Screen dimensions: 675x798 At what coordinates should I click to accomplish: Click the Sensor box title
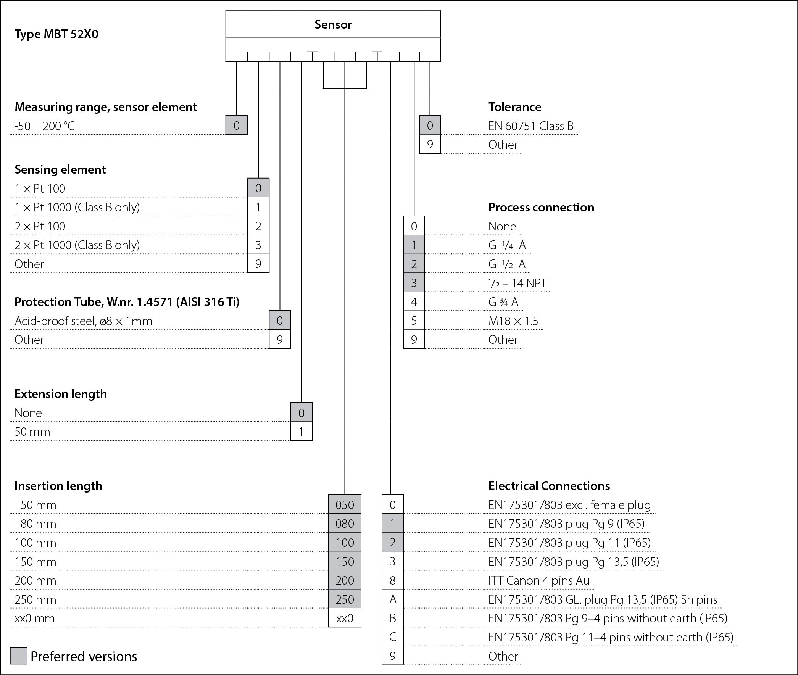(333, 24)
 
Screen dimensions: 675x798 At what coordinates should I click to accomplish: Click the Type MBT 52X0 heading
(56, 34)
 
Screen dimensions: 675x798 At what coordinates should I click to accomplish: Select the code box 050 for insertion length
(345, 505)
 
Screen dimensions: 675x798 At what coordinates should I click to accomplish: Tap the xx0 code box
(345, 619)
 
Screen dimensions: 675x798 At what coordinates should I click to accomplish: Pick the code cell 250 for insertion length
(345, 599)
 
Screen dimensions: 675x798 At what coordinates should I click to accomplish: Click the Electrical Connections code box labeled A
(393, 599)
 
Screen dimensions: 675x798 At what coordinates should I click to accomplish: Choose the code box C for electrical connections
(393, 637)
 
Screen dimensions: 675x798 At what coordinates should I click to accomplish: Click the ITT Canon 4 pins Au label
(539, 580)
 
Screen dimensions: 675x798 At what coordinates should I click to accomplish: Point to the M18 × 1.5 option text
(513, 321)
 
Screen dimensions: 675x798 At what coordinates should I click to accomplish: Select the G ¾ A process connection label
(503, 302)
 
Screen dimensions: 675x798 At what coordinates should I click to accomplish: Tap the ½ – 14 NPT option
(517, 283)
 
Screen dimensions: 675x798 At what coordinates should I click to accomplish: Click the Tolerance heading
(515, 107)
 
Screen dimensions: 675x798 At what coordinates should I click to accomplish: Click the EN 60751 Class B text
(531, 126)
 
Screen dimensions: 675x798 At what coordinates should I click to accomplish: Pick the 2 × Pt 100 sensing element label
(40, 226)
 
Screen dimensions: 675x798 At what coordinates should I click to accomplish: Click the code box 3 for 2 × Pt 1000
(258, 245)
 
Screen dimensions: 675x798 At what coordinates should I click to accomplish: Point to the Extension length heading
(60, 394)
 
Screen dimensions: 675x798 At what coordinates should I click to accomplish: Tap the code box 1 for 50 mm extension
(301, 432)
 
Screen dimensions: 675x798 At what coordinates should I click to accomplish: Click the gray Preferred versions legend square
(18, 656)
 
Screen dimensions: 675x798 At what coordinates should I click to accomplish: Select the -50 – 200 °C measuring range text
(44, 126)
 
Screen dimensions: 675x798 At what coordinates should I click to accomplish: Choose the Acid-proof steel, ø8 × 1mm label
(84, 321)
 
